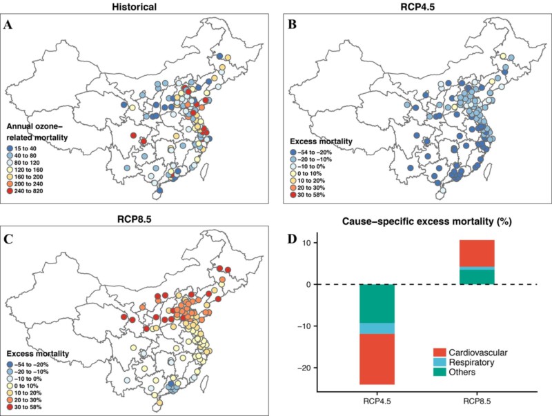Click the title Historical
pos(139,6)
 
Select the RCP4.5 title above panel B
pos(413,6)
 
